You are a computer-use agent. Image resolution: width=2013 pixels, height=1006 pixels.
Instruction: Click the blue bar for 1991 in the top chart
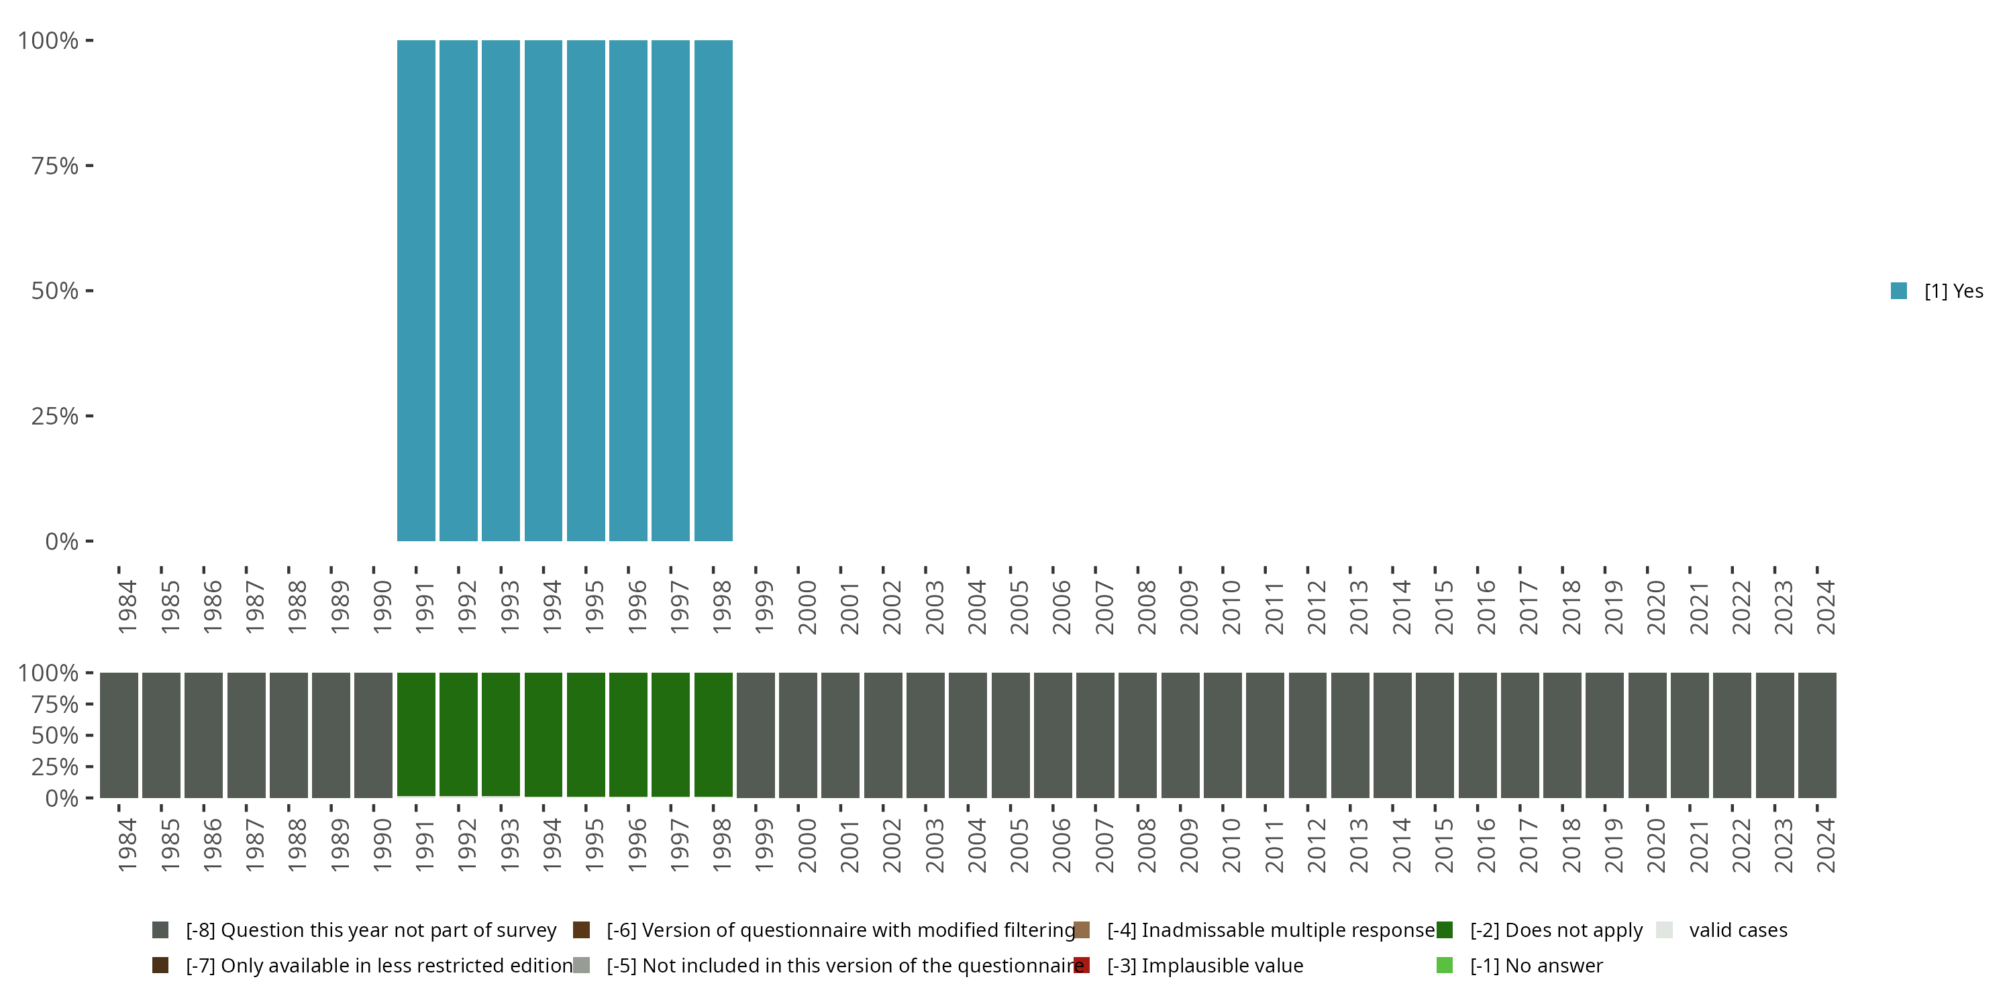[x=416, y=290]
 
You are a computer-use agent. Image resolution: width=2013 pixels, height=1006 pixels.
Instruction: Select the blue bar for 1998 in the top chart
[x=713, y=290]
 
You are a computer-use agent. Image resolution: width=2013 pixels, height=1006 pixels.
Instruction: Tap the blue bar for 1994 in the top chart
[x=543, y=290]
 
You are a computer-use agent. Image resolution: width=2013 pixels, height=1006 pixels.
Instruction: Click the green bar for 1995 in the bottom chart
[x=585, y=734]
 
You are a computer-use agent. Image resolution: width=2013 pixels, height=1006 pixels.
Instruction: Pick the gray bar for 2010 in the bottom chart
[x=1222, y=734]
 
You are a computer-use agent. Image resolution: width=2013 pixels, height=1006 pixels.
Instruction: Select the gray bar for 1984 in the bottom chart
[x=119, y=734]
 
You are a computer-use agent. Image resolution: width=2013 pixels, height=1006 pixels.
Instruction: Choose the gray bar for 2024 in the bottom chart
[x=1817, y=734]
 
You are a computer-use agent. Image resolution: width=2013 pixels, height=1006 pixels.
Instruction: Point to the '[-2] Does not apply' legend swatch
[x=1444, y=930]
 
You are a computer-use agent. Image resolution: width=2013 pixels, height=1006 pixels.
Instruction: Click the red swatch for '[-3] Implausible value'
[x=1082, y=965]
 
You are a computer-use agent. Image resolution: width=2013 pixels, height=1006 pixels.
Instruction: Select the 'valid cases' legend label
[x=1738, y=930]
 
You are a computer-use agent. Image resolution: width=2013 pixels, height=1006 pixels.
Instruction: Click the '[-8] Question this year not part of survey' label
[x=370, y=930]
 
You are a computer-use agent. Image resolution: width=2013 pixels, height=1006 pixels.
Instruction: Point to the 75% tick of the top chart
[x=89, y=166]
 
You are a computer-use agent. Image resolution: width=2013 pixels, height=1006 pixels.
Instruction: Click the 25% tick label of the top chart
[x=55, y=416]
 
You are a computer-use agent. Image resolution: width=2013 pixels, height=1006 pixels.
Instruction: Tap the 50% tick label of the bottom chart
[x=55, y=736]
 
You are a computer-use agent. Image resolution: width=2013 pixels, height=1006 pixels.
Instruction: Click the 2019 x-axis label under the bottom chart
[x=1613, y=845]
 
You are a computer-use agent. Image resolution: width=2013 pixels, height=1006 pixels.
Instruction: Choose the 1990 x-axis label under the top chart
[x=382, y=607]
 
